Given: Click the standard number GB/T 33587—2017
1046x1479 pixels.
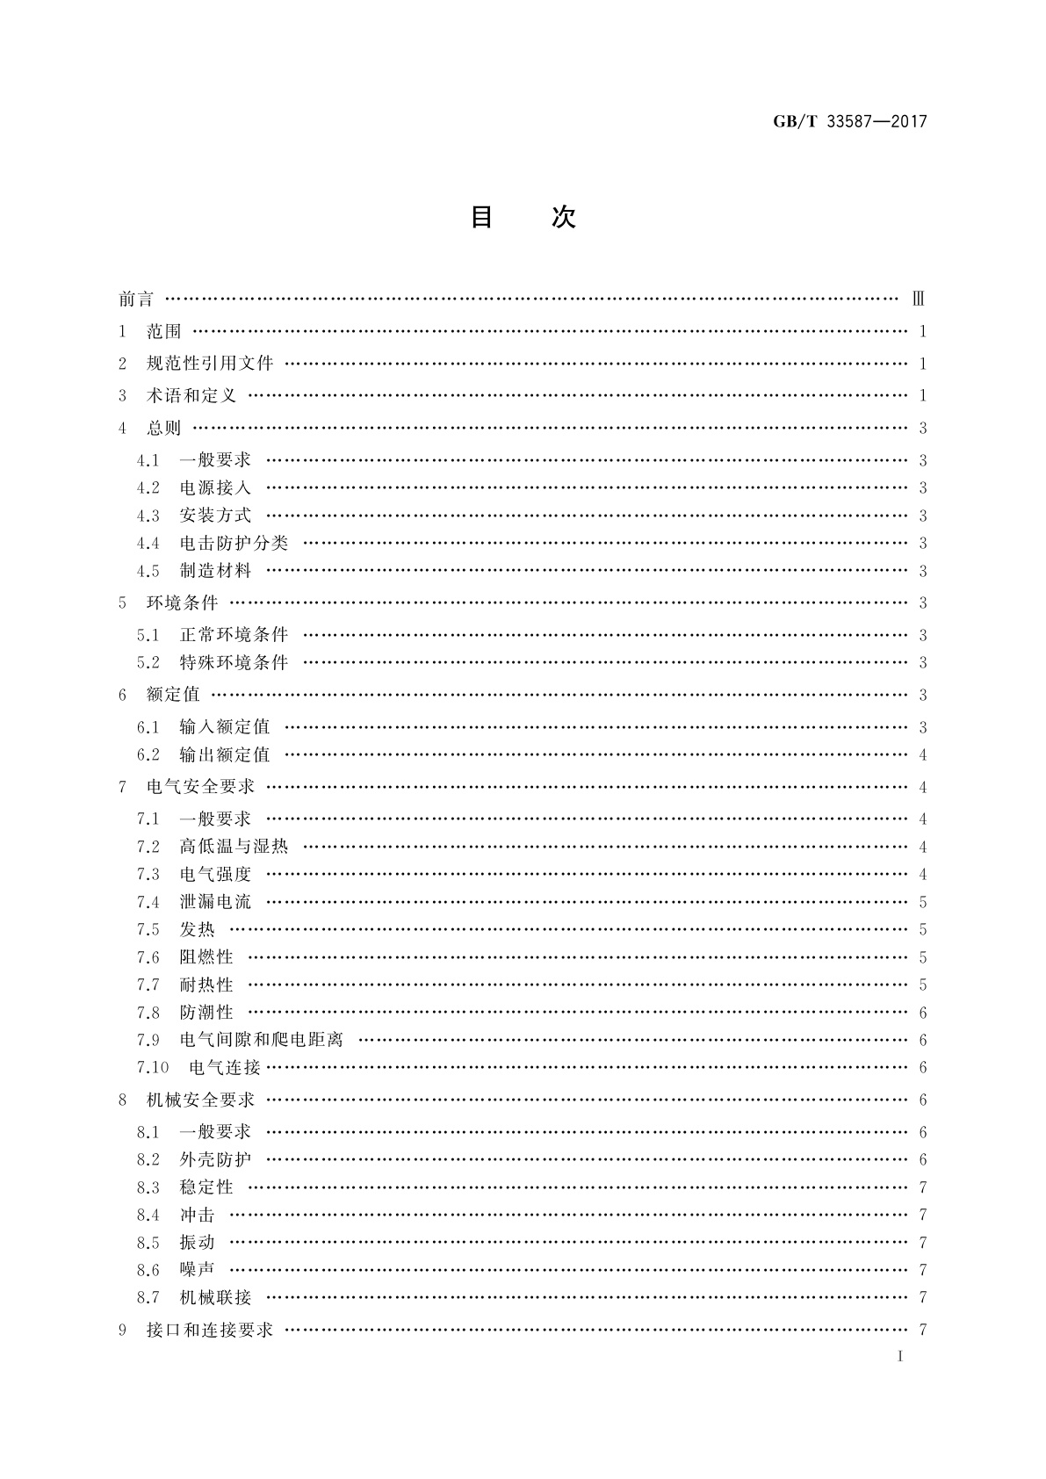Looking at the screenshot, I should point(849,122).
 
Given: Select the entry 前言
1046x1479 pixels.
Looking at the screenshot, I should point(136,299).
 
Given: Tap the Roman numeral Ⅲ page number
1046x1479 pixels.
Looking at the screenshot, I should point(919,299).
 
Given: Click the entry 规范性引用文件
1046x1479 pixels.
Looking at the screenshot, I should point(210,364).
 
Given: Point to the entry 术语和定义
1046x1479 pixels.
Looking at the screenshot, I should point(191,396).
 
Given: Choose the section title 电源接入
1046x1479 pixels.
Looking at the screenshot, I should point(215,488).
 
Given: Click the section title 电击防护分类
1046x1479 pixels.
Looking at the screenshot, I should point(234,544).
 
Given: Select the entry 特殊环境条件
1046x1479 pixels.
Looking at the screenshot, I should point(234,663).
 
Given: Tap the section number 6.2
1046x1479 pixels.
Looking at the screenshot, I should point(148,755).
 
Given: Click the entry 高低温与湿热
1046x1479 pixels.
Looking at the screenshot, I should point(234,848).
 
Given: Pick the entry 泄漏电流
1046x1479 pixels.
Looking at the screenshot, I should point(215,902).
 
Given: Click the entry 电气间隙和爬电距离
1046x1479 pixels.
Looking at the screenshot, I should point(261,1040).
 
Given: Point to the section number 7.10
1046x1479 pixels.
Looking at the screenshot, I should point(152,1068).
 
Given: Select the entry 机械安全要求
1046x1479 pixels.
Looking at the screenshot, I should point(200,1100).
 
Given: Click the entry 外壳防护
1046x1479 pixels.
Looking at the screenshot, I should point(215,1160).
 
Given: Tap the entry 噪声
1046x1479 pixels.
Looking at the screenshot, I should point(197,1270).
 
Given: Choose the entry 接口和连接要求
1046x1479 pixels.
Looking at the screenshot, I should point(210,1331).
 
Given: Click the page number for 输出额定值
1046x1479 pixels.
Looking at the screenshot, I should point(922,755).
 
